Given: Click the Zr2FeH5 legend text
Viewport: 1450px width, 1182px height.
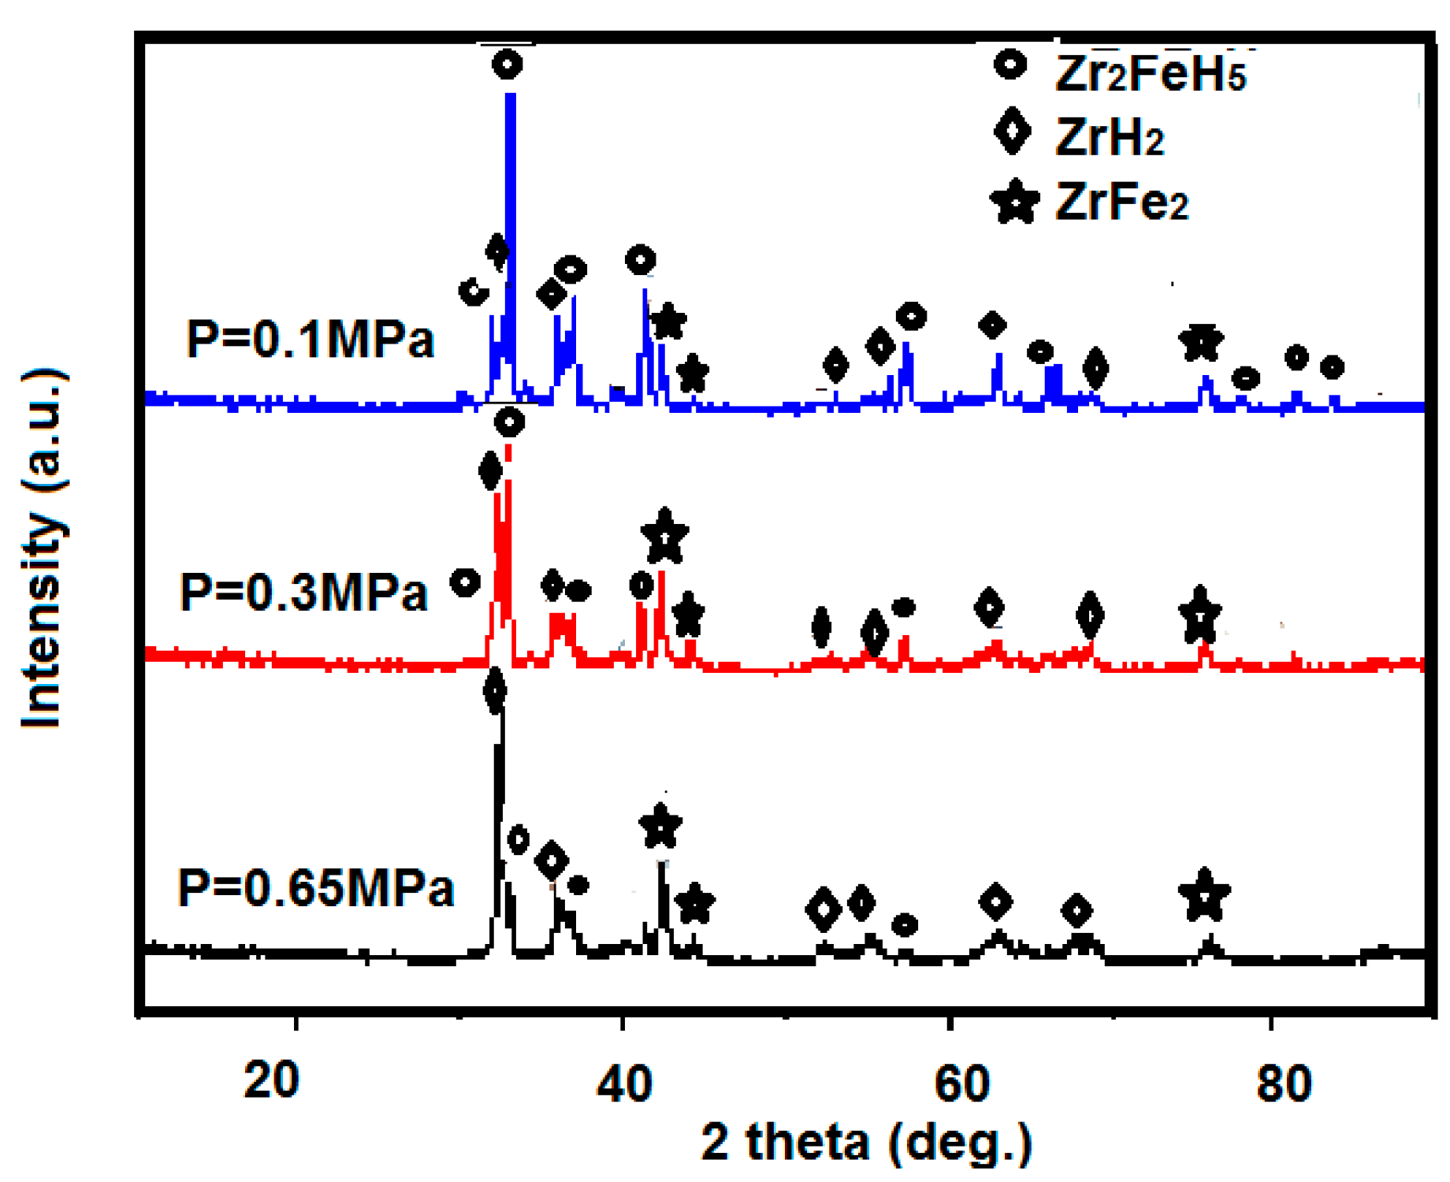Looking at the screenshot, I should pyautogui.click(x=1150, y=75).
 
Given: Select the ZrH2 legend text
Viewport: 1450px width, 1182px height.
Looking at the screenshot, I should pyautogui.click(x=1110, y=137).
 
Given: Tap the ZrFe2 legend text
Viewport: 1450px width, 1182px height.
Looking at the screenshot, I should pyautogui.click(x=1121, y=202).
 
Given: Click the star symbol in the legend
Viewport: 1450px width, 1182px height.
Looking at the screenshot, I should pyautogui.click(x=1014, y=202).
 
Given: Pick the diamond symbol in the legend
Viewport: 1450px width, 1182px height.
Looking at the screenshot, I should pyautogui.click(x=1013, y=132).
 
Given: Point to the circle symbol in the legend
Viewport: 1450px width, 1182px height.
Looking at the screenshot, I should pyautogui.click(x=1010, y=65).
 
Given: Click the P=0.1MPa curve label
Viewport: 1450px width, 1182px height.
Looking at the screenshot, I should pyautogui.click(x=310, y=340).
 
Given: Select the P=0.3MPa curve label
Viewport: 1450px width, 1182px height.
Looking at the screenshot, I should pyautogui.click(x=303, y=592).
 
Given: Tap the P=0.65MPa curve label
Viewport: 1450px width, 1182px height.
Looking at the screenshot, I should pyautogui.click(x=315, y=888).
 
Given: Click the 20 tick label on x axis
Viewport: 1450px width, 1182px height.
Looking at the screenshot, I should pyautogui.click(x=271, y=1080).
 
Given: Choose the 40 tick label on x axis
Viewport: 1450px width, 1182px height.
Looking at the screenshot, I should pyautogui.click(x=623, y=1083).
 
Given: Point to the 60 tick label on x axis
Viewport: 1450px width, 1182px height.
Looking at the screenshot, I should pyautogui.click(x=961, y=1083).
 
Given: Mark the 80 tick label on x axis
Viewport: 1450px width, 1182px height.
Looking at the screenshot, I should pyautogui.click(x=1284, y=1083).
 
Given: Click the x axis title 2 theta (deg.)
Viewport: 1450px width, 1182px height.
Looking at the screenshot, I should pyautogui.click(x=866, y=1142).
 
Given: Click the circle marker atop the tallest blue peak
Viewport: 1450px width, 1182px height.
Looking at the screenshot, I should pyautogui.click(x=507, y=64).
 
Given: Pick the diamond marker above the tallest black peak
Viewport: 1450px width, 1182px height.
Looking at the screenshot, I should pyautogui.click(x=494, y=692).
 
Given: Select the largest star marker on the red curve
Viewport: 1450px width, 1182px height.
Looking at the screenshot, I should pyautogui.click(x=665, y=537).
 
